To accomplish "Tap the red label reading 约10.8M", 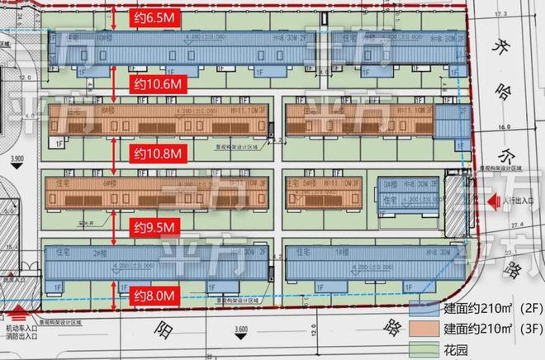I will point(157,154).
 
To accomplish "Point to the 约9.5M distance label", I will point(154,226).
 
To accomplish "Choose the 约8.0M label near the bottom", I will point(154,294).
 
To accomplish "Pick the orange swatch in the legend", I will point(425,329).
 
